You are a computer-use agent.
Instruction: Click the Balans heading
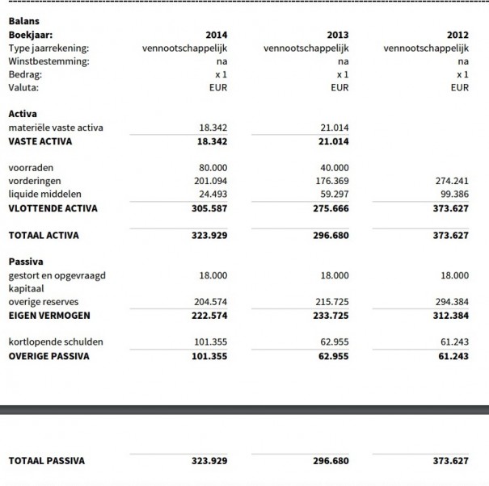click(x=23, y=22)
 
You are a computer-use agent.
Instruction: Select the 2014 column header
click(x=216, y=36)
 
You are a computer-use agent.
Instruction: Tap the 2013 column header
click(x=337, y=36)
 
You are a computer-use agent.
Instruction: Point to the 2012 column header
click(x=457, y=36)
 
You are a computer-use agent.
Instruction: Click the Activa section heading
click(x=23, y=115)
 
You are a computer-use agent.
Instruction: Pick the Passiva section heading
click(x=26, y=262)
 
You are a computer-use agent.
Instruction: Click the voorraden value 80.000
click(x=213, y=168)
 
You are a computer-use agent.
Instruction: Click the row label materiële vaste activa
click(x=56, y=128)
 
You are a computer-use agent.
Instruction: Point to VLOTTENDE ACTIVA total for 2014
click(x=209, y=208)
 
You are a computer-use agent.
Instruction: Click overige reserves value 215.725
click(x=332, y=302)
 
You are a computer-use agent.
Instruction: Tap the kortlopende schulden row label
click(x=56, y=342)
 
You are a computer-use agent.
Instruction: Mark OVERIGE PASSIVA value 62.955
click(x=334, y=356)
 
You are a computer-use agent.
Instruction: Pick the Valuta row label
click(x=23, y=87)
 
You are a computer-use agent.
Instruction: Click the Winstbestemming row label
click(x=48, y=61)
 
